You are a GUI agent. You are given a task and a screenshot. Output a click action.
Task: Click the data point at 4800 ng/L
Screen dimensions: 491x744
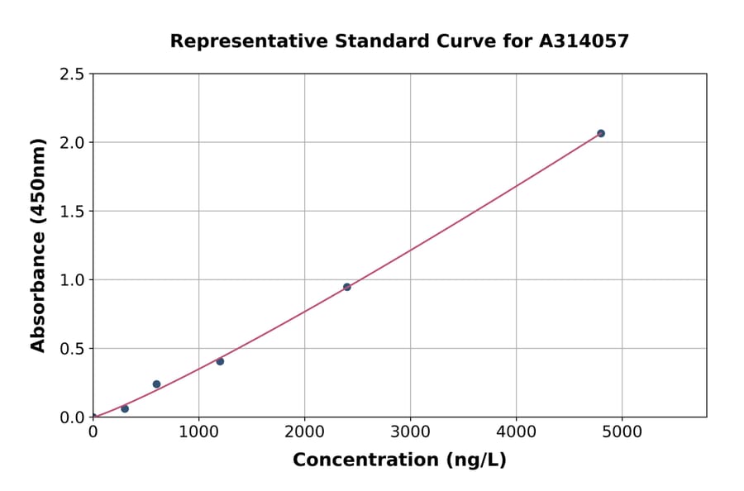(601, 133)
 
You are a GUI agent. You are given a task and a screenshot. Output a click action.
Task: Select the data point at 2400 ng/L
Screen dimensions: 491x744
(347, 287)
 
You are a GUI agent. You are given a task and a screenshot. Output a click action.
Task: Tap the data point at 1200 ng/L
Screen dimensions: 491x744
(220, 361)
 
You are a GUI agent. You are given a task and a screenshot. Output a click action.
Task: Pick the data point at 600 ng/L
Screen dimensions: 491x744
(157, 384)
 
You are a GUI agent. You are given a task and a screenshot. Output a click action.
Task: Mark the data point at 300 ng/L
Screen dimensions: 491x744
(125, 408)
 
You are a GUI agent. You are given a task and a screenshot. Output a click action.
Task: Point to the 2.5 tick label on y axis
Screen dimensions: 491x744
(72, 74)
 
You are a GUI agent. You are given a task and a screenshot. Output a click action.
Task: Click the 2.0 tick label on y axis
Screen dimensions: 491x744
(72, 143)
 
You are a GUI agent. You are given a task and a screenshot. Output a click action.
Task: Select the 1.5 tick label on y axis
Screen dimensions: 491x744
(72, 212)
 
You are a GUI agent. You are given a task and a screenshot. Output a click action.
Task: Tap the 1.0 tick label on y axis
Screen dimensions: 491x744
(72, 280)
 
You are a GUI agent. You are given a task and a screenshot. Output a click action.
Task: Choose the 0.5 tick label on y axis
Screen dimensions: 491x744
(72, 349)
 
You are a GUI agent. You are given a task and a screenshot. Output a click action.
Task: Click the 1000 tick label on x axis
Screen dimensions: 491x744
(198, 431)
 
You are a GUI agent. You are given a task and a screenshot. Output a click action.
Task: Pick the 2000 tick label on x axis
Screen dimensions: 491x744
(304, 431)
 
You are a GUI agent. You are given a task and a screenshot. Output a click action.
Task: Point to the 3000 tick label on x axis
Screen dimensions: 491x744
(411, 431)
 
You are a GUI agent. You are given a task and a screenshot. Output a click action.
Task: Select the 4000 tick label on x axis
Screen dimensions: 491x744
(517, 431)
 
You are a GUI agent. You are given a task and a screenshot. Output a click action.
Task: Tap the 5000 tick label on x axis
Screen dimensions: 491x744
(622, 431)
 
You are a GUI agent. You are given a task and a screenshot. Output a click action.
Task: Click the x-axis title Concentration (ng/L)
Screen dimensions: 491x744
(399, 460)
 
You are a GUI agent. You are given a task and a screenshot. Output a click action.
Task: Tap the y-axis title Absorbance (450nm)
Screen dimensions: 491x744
(39, 245)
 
